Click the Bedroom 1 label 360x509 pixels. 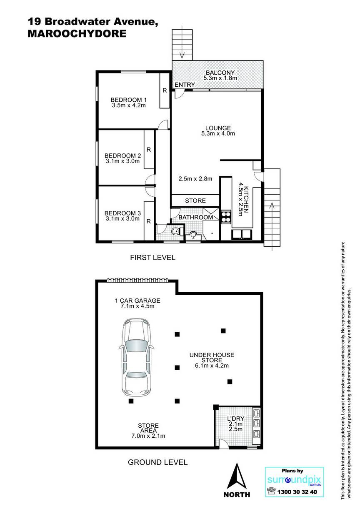pyautogui.click(x=129, y=100)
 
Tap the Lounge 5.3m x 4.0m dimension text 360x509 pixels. pyautogui.click(x=218, y=133)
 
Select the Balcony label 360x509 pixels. pyautogui.click(x=220, y=73)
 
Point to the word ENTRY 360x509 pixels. pyautogui.click(x=185, y=85)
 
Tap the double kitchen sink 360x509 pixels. pyautogui.click(x=242, y=234)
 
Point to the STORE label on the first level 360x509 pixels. pyautogui.click(x=195, y=201)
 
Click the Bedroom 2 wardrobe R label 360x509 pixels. pyautogui.click(x=149, y=150)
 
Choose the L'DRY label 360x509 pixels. pyautogui.click(x=236, y=419)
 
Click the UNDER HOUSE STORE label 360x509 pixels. pyautogui.click(x=212, y=357)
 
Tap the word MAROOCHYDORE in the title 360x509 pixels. pyautogui.click(x=77, y=34)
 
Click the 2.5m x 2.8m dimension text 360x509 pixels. pyautogui.click(x=195, y=179)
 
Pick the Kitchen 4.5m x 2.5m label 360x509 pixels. pyautogui.click(x=243, y=201)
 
